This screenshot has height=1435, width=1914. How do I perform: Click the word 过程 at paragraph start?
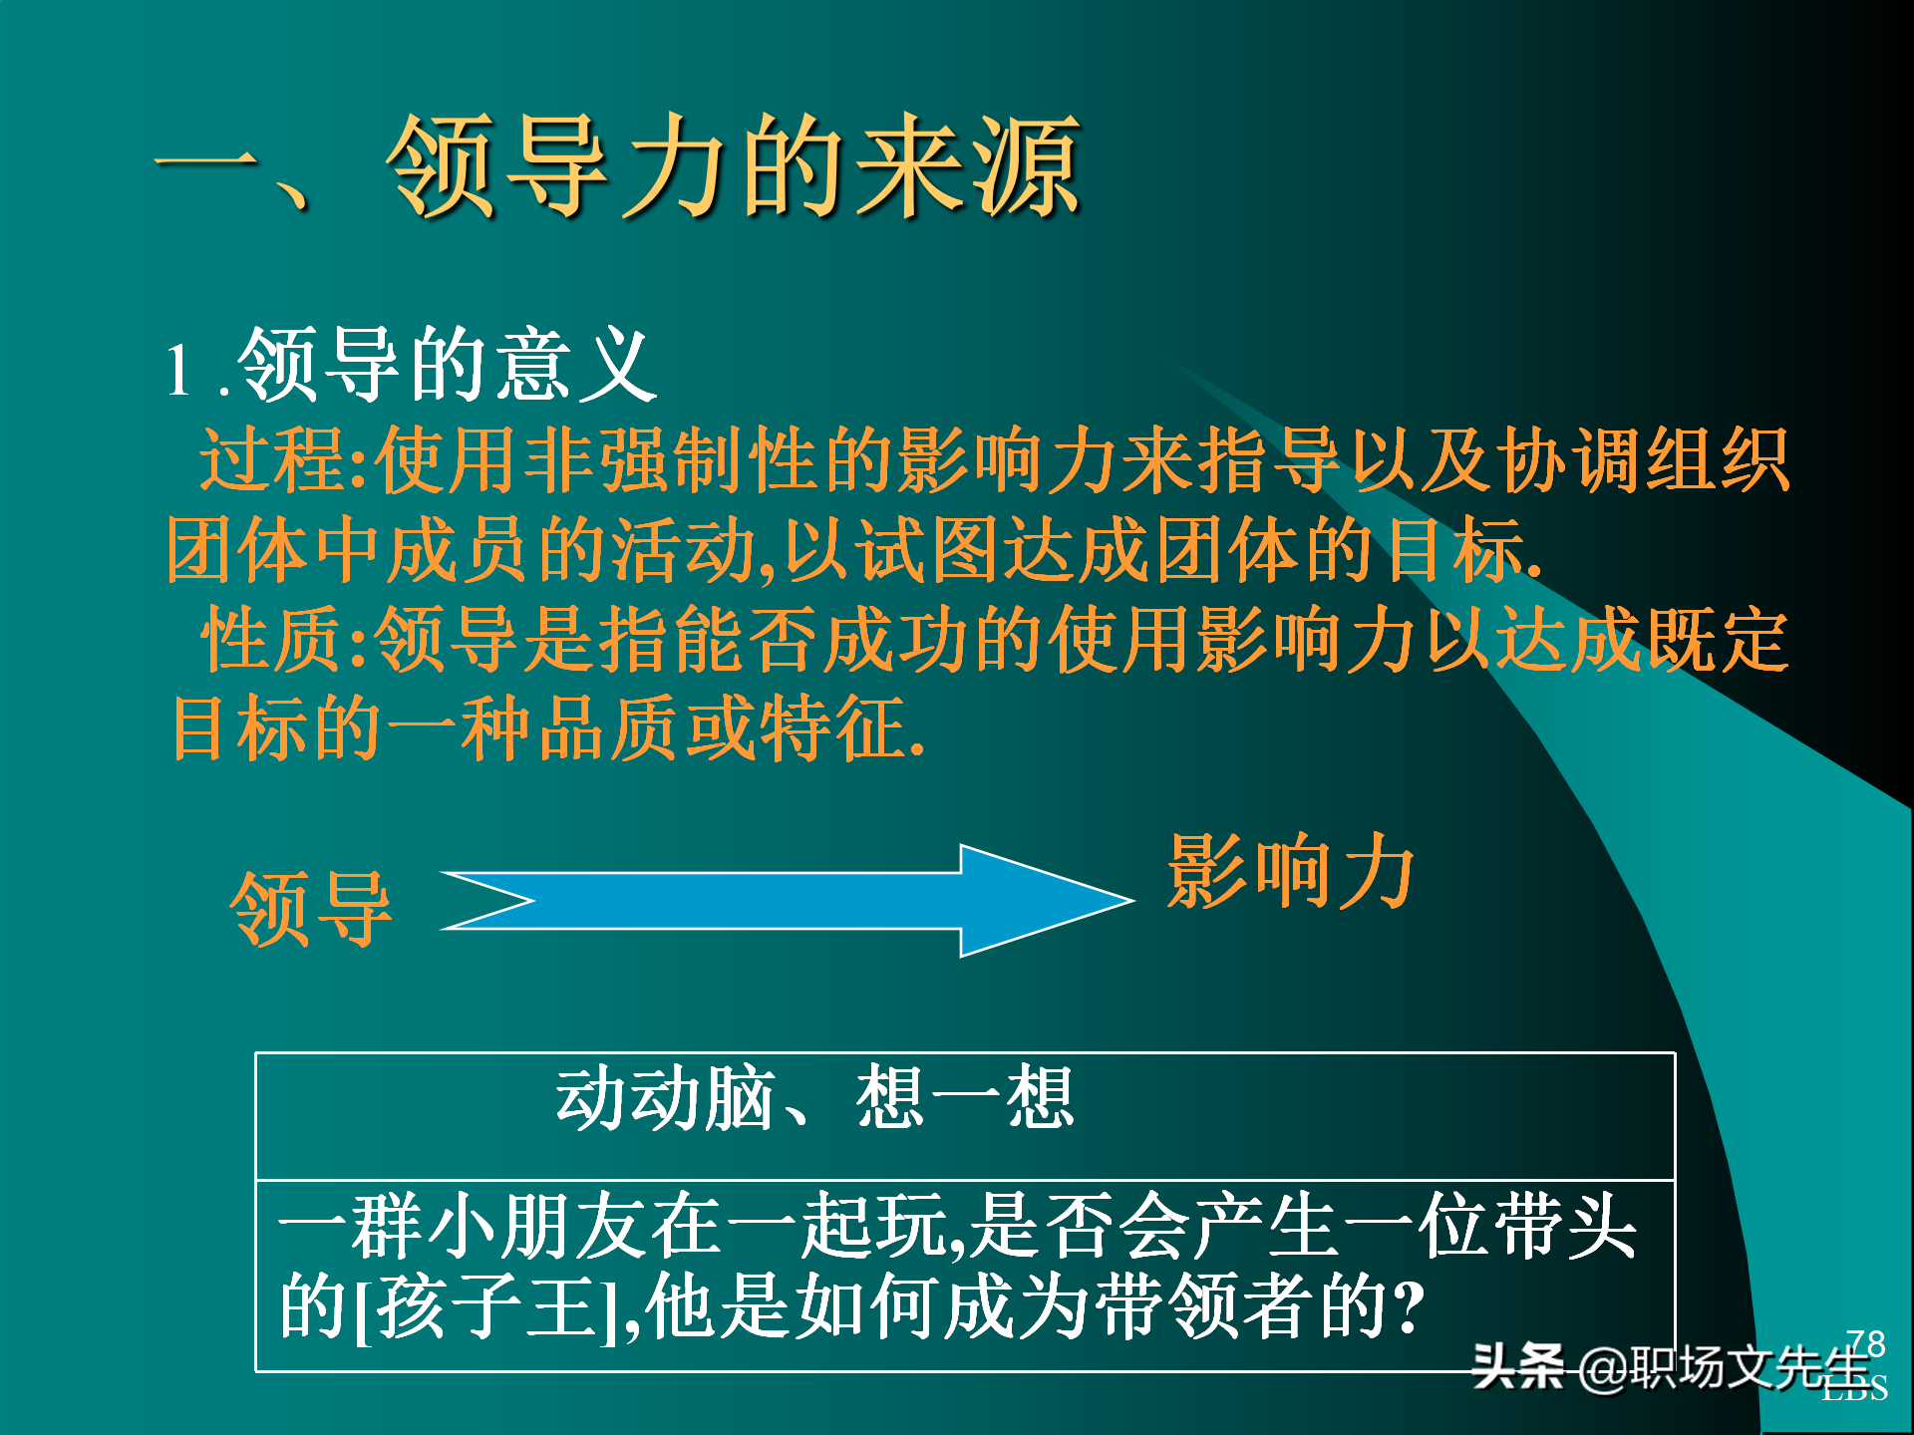pyautogui.click(x=273, y=460)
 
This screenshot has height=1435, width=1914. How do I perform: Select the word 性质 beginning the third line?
pyautogui.click(x=273, y=640)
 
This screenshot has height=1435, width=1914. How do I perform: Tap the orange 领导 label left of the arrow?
pyautogui.click(x=311, y=909)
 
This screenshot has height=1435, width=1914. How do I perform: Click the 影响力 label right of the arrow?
pyautogui.click(x=1291, y=872)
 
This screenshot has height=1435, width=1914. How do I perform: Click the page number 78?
pyautogui.click(x=1865, y=1342)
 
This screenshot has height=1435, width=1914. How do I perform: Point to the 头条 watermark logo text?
pyautogui.click(x=1516, y=1366)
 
